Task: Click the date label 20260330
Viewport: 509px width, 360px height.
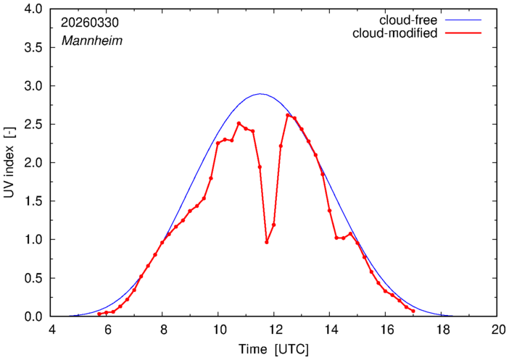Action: (90, 22)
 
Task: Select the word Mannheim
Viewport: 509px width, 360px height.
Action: (92, 41)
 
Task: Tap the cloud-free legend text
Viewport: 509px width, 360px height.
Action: (408, 20)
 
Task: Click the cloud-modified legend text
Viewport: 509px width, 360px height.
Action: (394, 33)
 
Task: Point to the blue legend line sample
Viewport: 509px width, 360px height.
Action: (463, 20)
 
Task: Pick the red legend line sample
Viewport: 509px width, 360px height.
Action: (463, 33)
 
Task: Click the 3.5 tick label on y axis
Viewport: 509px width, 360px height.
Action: (33, 48)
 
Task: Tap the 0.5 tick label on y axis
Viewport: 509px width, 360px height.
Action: (33, 278)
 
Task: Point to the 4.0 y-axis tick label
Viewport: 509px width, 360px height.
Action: (33, 9)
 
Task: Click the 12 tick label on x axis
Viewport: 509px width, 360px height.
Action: (274, 330)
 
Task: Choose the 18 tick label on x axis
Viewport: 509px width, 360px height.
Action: (441, 330)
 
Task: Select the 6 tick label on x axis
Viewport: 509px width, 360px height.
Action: (107, 330)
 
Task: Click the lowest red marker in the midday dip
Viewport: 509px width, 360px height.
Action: (267, 242)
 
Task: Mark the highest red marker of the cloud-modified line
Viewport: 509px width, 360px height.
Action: (288, 115)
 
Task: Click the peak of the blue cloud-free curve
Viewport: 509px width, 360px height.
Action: (260, 94)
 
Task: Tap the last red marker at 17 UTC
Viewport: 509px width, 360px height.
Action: (413, 311)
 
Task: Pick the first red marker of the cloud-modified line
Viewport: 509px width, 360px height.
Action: (99, 314)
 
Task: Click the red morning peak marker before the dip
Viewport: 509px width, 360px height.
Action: (239, 123)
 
